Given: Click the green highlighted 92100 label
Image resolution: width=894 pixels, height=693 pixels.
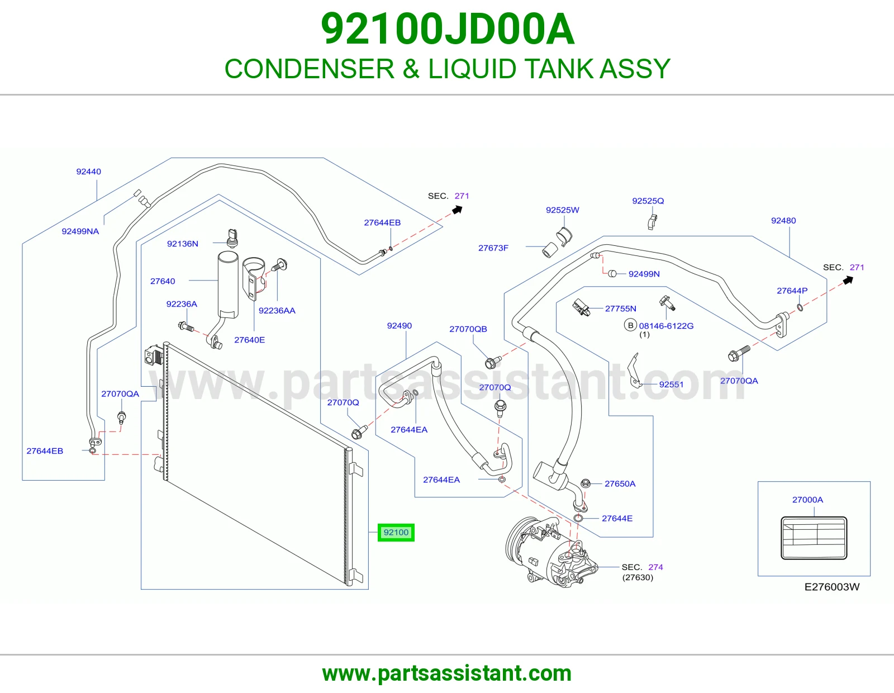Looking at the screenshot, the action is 396,533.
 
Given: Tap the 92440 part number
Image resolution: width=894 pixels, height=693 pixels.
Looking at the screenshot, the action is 88,172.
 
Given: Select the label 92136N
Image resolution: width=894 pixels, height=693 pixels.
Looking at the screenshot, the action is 183,244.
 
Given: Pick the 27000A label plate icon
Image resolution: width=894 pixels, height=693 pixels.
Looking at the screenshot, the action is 814,538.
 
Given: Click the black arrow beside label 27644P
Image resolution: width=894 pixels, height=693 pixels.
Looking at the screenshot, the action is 848,280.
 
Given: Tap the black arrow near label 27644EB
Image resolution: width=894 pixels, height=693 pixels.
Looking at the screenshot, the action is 457,210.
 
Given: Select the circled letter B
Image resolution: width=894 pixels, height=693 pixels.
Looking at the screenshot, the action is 630,325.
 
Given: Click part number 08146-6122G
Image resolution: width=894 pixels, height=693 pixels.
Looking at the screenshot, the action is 666,326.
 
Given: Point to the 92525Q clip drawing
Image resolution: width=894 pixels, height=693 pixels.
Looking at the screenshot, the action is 652,222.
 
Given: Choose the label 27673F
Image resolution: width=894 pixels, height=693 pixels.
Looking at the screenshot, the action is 493,248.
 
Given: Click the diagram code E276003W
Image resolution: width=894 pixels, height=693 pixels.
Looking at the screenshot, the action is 832,587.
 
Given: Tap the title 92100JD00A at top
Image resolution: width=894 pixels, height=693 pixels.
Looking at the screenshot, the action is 448,29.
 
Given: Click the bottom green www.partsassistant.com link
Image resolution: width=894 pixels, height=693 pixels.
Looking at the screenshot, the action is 447,673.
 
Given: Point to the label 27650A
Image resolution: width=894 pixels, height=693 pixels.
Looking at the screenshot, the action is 620,483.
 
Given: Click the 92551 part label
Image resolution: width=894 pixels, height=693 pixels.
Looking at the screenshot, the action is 671,385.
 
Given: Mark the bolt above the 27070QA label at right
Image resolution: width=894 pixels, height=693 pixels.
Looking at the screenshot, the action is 739,354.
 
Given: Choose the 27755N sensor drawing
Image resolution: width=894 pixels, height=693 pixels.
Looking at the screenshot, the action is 581,307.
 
